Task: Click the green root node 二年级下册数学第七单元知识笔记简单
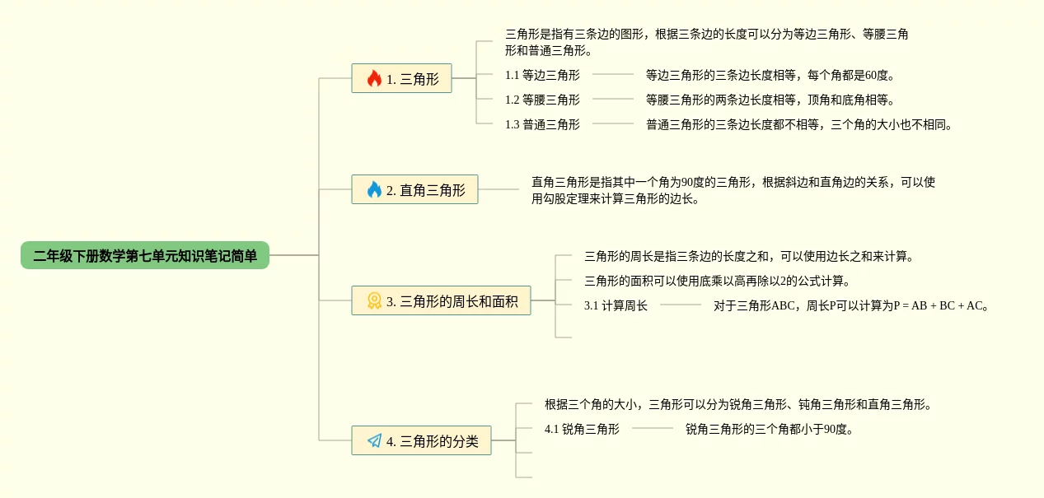pos(145,256)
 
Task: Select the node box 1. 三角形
pos(401,79)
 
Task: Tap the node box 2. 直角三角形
pos(414,190)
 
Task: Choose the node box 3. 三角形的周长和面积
pos(441,301)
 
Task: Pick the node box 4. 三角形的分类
pos(421,441)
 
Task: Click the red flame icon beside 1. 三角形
pos(374,79)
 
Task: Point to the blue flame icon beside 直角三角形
pos(374,190)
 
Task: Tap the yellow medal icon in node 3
pos(374,301)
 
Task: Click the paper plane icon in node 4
pos(374,441)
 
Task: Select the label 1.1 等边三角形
pos(542,75)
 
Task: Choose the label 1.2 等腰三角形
pos(542,100)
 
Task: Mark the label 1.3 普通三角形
pos(542,124)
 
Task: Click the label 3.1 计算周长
pos(616,305)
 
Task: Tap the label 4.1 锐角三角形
pos(582,429)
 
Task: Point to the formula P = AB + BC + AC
pos(939,305)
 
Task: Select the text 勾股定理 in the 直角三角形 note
pos(570,198)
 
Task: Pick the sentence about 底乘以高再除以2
pos(717,281)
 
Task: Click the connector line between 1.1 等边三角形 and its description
pos(613,75)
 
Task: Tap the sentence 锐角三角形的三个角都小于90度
pos(770,429)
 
